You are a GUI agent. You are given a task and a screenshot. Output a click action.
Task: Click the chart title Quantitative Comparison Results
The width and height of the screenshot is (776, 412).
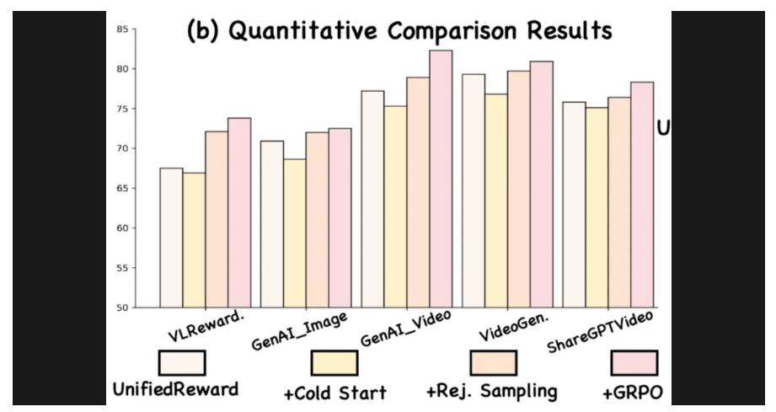pos(399,31)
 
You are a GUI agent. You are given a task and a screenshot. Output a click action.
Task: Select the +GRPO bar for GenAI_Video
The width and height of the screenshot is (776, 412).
pos(441,179)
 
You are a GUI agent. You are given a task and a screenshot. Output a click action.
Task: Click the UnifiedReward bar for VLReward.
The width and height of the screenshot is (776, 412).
pos(171,238)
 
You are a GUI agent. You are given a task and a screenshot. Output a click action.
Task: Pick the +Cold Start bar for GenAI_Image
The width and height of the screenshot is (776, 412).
pos(294,233)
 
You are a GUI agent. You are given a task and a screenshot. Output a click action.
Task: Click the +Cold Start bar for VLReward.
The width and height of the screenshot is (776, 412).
pos(194,240)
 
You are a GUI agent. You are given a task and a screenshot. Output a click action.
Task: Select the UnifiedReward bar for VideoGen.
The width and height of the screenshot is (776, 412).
pos(474,190)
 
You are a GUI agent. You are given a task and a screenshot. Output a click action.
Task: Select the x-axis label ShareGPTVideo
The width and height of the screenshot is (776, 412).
pos(602,333)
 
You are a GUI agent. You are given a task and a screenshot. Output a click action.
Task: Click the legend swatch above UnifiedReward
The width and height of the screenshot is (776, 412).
pos(182,362)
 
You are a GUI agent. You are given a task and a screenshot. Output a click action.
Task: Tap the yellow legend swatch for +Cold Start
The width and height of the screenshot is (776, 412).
pos(334,363)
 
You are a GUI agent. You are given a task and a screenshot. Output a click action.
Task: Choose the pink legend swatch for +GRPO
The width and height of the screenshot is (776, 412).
pos(634,363)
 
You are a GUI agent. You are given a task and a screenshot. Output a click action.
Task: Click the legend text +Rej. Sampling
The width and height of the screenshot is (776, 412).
pos(491,392)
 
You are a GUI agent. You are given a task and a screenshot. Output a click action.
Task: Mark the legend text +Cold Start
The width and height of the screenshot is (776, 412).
pos(335,393)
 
